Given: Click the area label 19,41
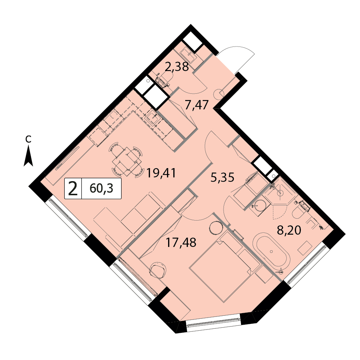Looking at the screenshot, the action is tap(161, 173).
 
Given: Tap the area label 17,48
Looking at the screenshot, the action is tap(181, 242).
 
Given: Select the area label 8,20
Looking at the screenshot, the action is tap(289, 230).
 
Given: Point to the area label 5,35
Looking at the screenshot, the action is tap(222, 177).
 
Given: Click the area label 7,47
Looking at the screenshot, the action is tap(197, 105).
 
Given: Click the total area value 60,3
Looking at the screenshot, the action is tap(102, 189).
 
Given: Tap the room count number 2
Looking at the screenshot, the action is tap(73, 189).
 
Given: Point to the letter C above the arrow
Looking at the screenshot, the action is tap(28, 139).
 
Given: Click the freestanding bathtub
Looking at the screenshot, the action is tap(271, 252).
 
